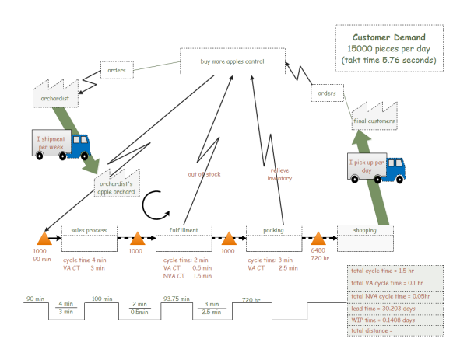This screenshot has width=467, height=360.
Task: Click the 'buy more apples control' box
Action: click(233, 61)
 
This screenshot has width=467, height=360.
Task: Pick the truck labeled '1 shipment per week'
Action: click(61, 144)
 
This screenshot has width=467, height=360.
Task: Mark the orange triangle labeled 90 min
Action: click(44, 238)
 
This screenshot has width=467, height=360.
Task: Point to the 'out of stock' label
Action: click(204, 174)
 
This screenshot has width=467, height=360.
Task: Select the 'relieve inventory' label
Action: click(280, 173)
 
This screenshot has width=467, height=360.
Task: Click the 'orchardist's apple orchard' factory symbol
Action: click(117, 184)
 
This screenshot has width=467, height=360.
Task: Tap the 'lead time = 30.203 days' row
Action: click(395, 308)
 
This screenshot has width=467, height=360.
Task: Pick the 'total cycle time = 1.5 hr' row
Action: click(395, 271)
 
